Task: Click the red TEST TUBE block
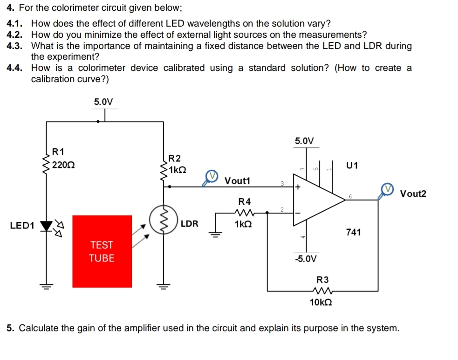coord(102,251)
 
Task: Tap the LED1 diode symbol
coord(46,226)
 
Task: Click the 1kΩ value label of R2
coord(178,170)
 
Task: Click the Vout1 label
coord(237,180)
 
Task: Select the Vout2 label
coord(413,194)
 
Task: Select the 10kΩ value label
coord(321,302)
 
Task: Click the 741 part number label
coord(354,232)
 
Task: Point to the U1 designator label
coord(353,165)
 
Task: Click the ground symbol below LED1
coord(46,284)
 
